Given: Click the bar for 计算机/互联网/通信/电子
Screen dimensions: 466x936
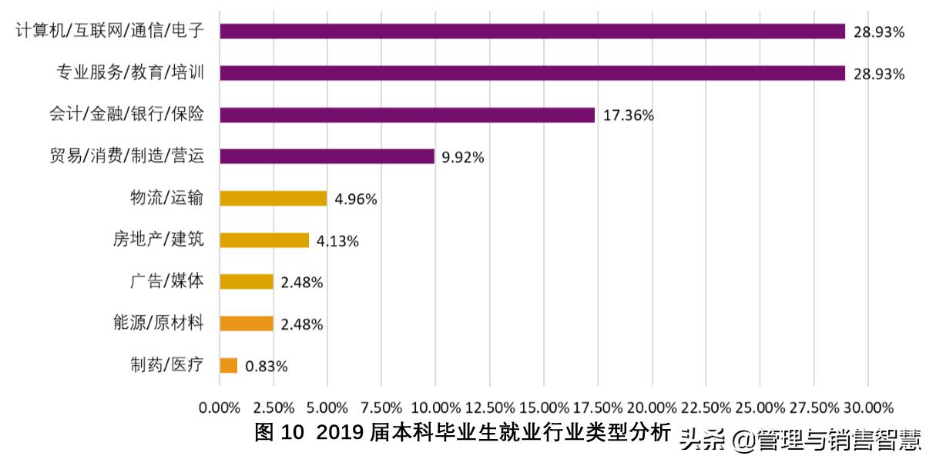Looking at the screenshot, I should [x=532, y=31].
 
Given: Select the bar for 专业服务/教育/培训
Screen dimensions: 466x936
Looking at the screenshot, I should [x=532, y=73].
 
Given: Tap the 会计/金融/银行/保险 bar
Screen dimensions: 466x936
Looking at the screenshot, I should [x=407, y=115].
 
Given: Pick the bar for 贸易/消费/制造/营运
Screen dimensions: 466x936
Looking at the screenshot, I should [x=327, y=156].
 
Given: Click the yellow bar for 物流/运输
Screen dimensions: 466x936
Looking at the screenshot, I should [x=273, y=198].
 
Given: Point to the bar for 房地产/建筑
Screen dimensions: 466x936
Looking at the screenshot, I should [x=264, y=240].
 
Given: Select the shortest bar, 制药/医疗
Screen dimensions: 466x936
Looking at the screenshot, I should [x=228, y=365].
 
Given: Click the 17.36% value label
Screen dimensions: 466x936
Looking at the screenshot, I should [x=628, y=116].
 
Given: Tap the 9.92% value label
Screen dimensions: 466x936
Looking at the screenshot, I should [x=462, y=157].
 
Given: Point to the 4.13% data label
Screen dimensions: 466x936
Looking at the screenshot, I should [x=337, y=241].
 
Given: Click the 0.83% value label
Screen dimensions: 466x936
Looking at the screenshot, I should [x=267, y=367].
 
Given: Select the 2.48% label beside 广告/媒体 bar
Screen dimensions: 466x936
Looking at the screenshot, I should [x=302, y=283].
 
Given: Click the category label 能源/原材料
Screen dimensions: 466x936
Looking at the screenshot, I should [x=158, y=323].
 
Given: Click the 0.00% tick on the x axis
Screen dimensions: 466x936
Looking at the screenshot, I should [x=220, y=407].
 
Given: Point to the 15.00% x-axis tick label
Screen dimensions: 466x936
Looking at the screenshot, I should [x=544, y=407].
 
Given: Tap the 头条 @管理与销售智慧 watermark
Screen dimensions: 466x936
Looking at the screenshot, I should [x=801, y=439].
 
